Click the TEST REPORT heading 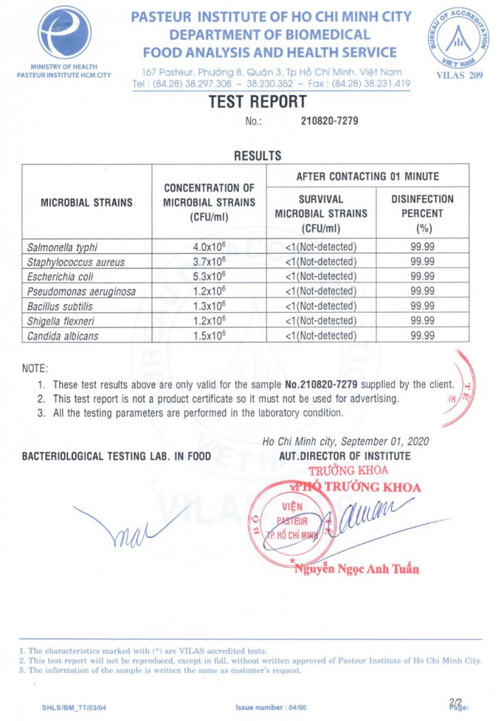point(257,102)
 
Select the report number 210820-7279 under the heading point(330,121)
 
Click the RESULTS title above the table point(257,156)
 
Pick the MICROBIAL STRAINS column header point(87,202)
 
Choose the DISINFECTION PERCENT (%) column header point(422,213)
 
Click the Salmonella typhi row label point(62,247)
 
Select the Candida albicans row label point(63,336)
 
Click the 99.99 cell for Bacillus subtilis point(422,306)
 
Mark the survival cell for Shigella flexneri point(321,321)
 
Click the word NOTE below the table point(35,368)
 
